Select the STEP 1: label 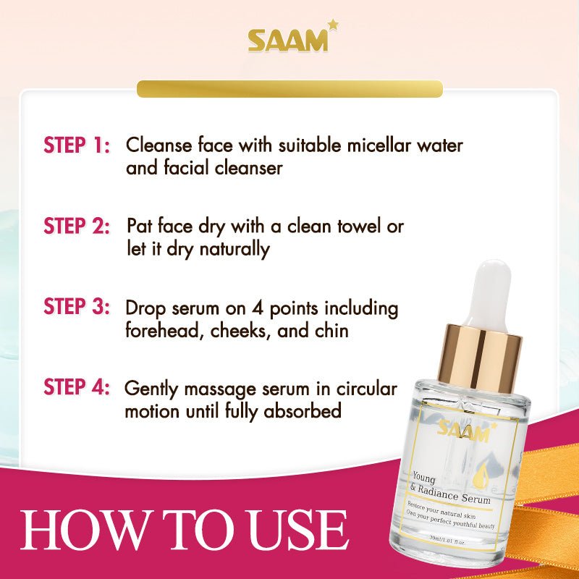point(77,145)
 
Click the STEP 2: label point(77,226)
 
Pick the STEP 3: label point(77,306)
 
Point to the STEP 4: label point(77,387)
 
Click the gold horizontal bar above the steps point(289,89)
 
